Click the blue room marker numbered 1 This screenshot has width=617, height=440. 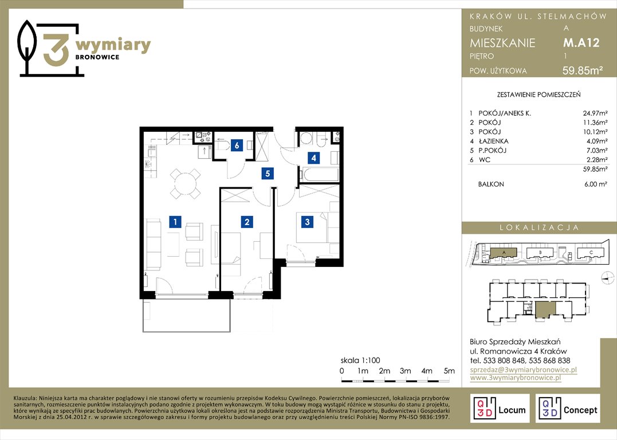(175, 222)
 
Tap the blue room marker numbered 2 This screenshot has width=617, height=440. (247, 222)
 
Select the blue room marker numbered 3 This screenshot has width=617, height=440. (307, 222)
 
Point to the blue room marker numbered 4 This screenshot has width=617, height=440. (313, 158)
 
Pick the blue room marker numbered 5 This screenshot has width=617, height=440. (268, 173)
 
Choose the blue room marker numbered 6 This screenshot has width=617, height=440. (237, 145)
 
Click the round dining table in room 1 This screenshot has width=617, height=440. (186, 183)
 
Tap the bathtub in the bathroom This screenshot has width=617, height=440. (319, 174)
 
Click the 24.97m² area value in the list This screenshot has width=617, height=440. (595, 113)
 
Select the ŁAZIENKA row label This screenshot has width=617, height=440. (493, 141)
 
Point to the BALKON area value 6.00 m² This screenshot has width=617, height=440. (596, 184)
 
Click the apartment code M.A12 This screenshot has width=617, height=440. (581, 42)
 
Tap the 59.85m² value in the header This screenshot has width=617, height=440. (583, 70)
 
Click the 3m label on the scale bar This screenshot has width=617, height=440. (405, 371)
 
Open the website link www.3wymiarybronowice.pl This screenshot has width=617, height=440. (516, 378)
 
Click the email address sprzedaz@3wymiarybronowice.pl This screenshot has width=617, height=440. (524, 370)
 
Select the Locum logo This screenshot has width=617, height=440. (500, 408)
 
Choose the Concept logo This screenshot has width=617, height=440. (568, 408)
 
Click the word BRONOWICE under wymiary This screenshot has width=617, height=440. (97, 57)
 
